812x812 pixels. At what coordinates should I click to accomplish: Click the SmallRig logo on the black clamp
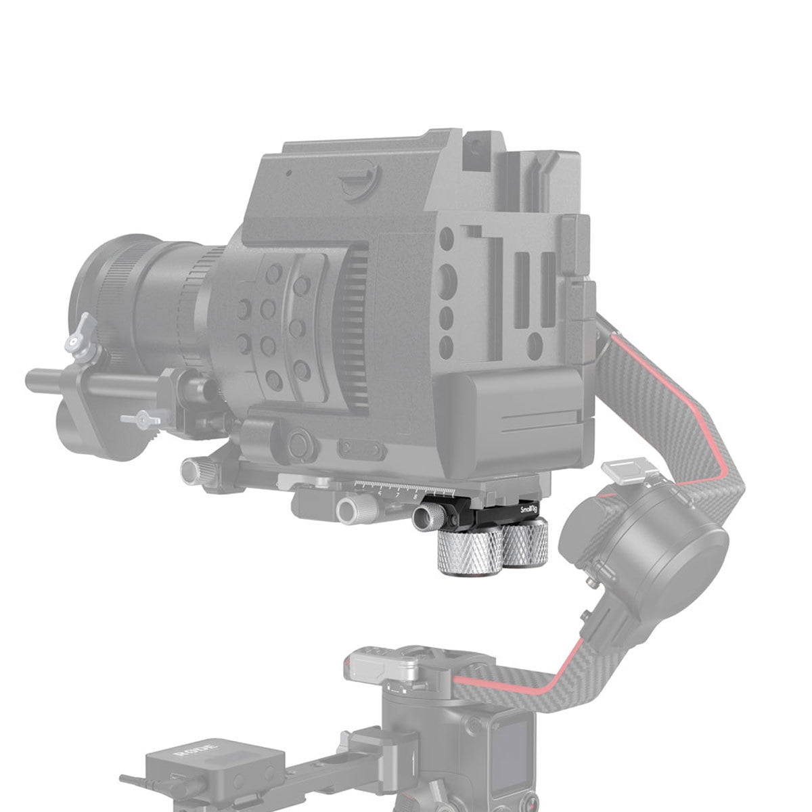pyautogui.click(x=531, y=507)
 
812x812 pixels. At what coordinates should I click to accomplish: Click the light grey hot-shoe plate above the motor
pyautogui.click(x=623, y=471)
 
